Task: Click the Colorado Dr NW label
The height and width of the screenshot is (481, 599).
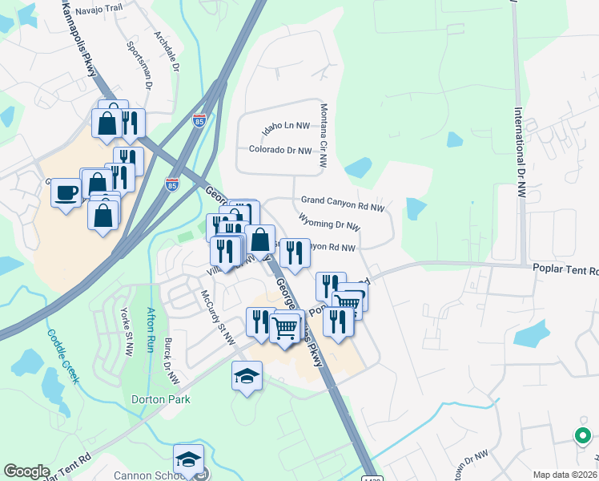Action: [279, 149]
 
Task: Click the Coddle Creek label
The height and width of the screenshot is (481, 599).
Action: [62, 357]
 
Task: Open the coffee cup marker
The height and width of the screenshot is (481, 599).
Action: [66, 192]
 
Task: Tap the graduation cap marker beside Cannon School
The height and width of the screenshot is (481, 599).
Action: [188, 459]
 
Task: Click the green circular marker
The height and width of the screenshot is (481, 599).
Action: [583, 436]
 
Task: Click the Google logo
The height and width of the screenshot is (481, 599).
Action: [27, 471]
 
